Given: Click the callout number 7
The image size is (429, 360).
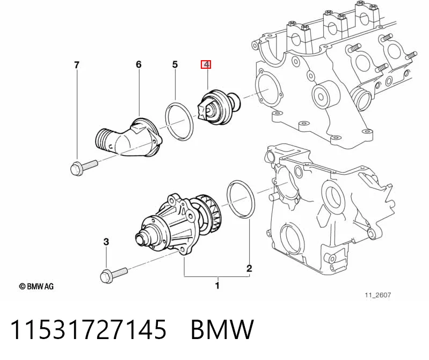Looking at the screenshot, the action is tap(77, 65).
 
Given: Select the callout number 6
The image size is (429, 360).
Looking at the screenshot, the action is tap(139, 64).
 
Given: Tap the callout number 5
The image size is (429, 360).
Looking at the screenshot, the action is tap(175, 64).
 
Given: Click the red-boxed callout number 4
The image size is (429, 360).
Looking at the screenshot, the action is tap(206, 64).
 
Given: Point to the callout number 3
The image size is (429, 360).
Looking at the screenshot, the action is tap(106, 242).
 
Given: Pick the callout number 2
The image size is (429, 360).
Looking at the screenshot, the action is tap(249, 268).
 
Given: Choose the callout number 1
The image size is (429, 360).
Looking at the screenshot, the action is tap(217, 286).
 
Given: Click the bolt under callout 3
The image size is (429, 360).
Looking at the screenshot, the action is tap(114, 275).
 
